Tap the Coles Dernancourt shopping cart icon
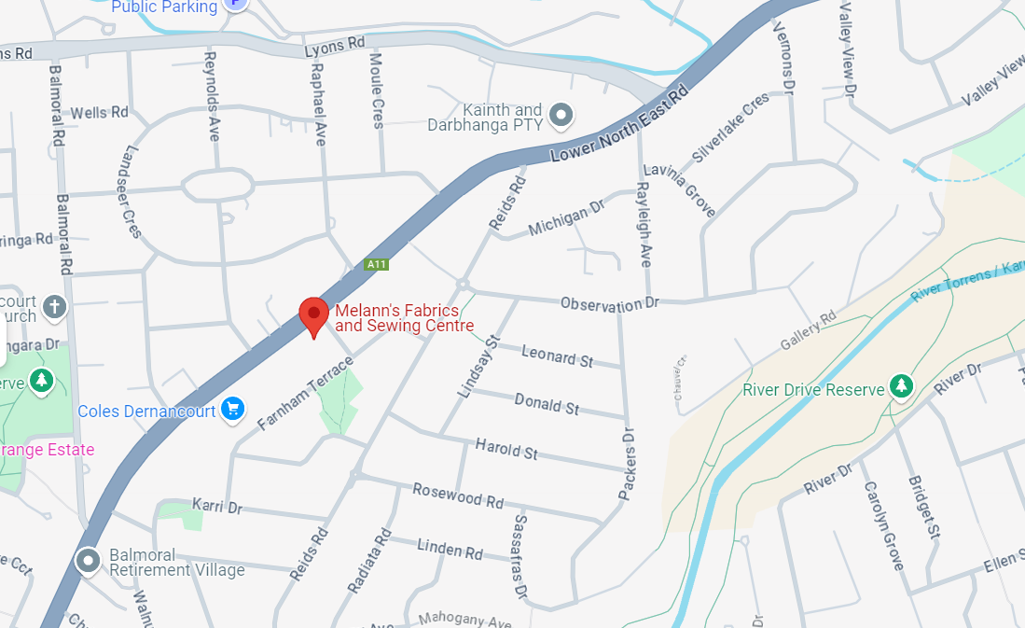tap(233, 409)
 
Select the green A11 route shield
tap(376, 265)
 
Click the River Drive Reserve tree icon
tap(900, 384)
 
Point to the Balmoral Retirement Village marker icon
tap(89, 560)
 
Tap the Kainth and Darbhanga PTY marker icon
tap(561, 115)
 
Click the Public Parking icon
tap(237, 5)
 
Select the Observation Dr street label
tap(609, 304)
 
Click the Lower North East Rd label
tap(619, 124)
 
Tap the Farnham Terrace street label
tap(307, 394)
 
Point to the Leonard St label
tap(557, 355)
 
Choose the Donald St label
tap(547, 403)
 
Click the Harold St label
tap(506, 448)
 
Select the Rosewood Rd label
tap(458, 495)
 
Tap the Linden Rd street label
tap(450, 549)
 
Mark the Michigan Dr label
tap(566, 220)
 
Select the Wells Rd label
tap(99, 112)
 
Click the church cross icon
tap(55, 306)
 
